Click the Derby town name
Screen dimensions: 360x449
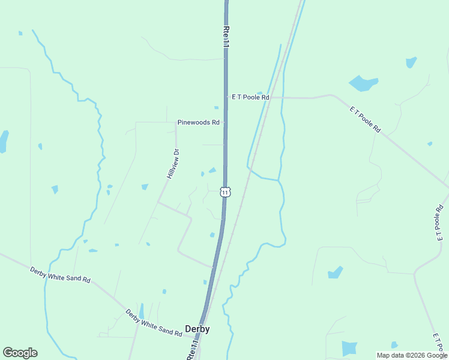[197, 329]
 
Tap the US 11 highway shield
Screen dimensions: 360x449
[224, 192]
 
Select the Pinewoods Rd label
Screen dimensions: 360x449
[198, 122]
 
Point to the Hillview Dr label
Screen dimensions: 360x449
[173, 164]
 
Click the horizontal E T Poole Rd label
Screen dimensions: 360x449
[250, 97]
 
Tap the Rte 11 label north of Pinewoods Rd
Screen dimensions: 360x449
[226, 36]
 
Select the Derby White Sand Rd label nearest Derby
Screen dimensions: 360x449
[154, 323]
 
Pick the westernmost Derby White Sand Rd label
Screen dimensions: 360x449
[60, 275]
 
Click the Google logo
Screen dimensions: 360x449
[20, 353]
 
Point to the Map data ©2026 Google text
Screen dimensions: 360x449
[412, 355]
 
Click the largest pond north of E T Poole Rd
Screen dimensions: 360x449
[363, 83]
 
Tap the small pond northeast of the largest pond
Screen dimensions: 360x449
[411, 62]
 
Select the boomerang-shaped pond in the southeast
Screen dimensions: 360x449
[335, 272]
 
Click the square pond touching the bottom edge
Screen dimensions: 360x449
[349, 349]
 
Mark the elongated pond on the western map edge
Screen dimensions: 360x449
[4, 142]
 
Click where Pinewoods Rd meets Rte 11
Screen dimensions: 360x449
[226, 122]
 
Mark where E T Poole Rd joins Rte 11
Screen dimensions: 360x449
[226, 97]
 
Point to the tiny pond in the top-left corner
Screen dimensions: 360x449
[20, 33]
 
